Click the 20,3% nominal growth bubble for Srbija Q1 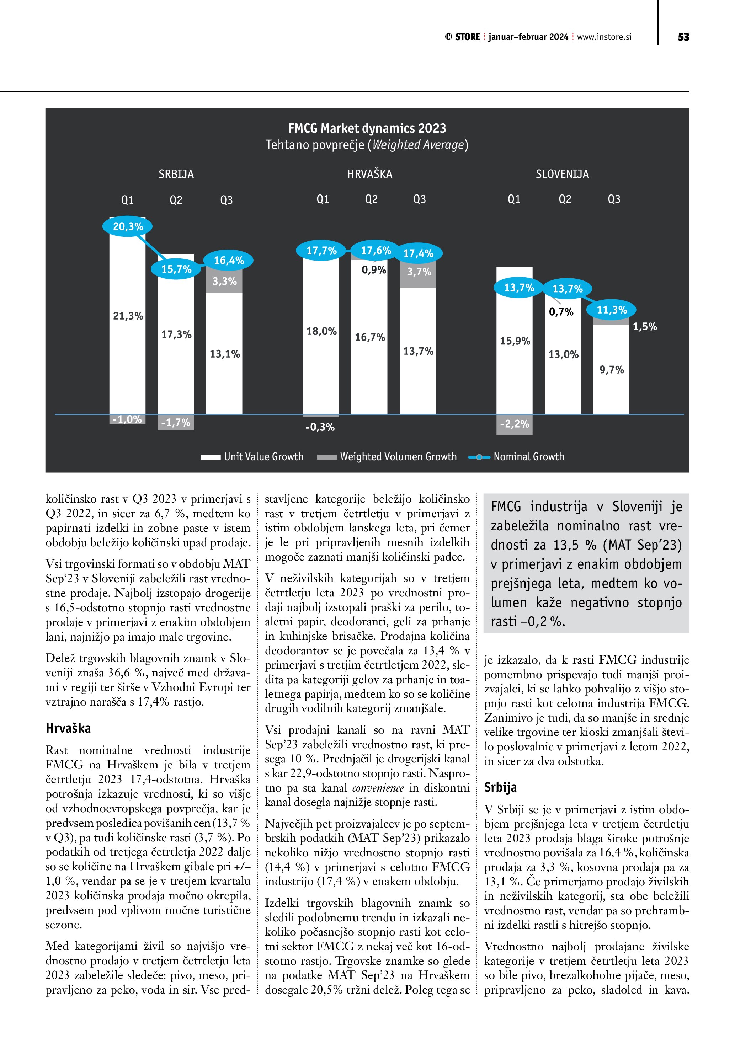click(x=128, y=226)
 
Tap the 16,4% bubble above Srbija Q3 click(x=229, y=260)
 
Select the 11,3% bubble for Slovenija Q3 click(x=612, y=310)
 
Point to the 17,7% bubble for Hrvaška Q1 click(x=321, y=251)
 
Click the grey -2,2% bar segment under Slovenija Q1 click(x=514, y=424)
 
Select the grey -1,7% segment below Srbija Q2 click(x=176, y=423)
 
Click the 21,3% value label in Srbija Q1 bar click(x=128, y=316)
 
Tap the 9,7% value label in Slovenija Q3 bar click(x=612, y=370)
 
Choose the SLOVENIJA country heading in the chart click(x=562, y=174)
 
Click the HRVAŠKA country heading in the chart click(x=369, y=174)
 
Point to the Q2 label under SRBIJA click(x=176, y=200)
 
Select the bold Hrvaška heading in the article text click(x=68, y=728)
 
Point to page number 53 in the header click(x=683, y=37)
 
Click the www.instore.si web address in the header click(x=604, y=37)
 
